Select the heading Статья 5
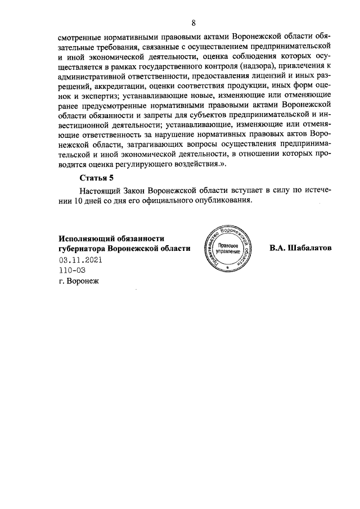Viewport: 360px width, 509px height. coord(96,178)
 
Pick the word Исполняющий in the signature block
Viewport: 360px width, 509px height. coord(86,237)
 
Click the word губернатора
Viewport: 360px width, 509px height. coord(82,248)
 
